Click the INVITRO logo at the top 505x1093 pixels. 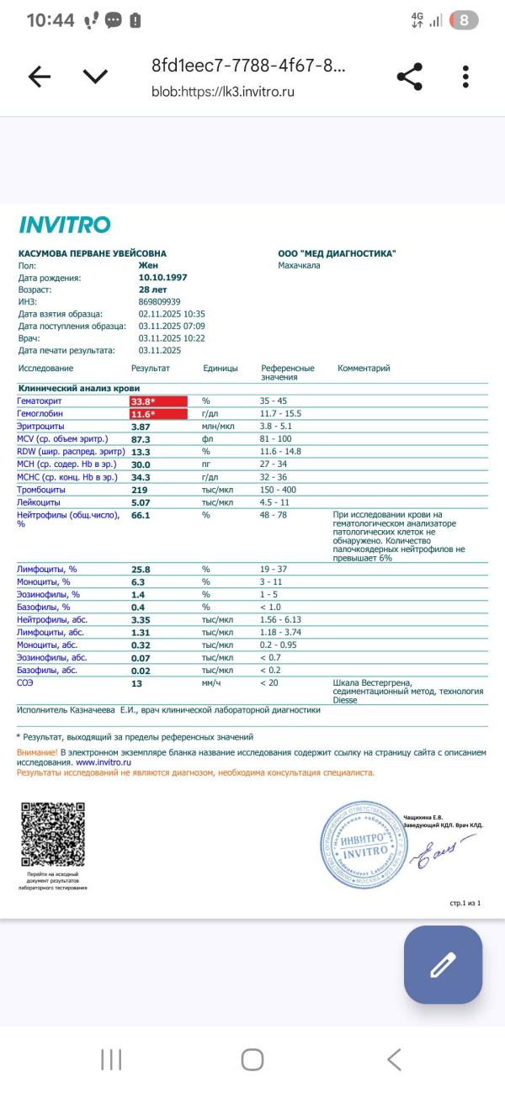64,225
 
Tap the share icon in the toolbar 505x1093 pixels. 409,77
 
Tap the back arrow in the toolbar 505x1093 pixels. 40,77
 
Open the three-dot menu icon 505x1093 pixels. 465,77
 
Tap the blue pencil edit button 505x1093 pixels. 443,964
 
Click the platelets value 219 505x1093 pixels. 139,490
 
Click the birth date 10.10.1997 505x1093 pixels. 162,278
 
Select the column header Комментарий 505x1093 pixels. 364,369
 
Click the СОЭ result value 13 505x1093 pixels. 136,683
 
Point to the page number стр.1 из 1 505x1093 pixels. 465,904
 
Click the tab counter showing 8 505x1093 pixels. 464,20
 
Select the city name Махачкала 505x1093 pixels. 299,266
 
